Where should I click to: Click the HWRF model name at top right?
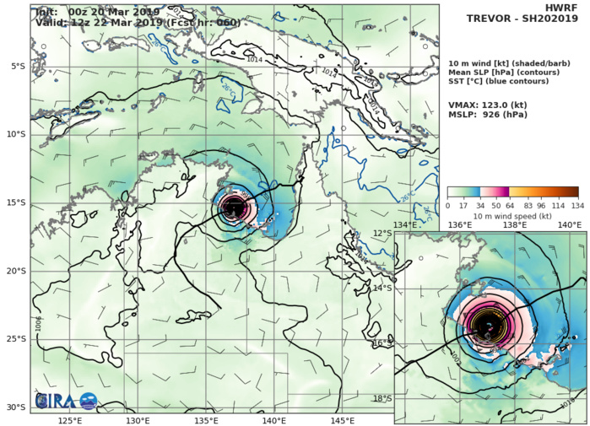coord(567,7)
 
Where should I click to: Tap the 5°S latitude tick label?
coord(17,66)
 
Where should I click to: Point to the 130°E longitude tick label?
coord(138,419)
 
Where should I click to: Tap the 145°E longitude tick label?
coord(343,419)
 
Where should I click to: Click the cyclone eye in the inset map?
coord(488,324)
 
